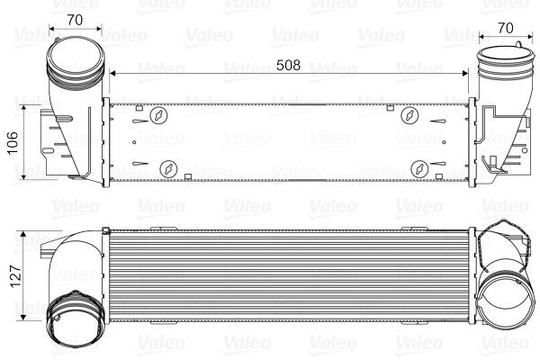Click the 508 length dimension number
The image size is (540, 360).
[x=288, y=66]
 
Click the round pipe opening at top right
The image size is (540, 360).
[x=498, y=69]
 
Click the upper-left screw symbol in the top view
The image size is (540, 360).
[x=159, y=114]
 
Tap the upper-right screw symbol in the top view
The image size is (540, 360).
[x=409, y=114]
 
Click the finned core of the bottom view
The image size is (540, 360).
[x=288, y=274]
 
